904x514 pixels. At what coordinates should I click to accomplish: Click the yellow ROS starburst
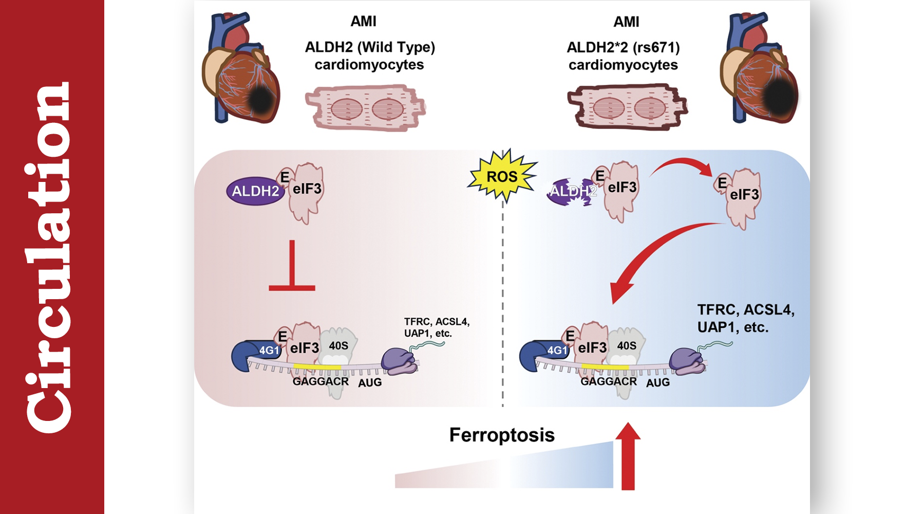coord(502,176)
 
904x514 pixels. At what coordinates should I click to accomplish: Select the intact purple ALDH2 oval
coord(255,191)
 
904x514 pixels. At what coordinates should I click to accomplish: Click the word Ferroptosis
coord(502,435)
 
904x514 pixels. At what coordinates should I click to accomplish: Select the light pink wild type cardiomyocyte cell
coord(366,108)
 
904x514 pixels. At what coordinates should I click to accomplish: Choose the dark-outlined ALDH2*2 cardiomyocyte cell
coord(627,107)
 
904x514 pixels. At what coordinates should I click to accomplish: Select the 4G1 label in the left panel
coord(269,351)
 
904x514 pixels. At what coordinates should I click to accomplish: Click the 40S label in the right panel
coord(627,345)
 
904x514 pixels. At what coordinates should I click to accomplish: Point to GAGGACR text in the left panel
coord(321,381)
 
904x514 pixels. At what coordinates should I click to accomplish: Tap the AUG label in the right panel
coord(658,382)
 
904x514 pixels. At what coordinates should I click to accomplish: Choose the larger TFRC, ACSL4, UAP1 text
coord(745,318)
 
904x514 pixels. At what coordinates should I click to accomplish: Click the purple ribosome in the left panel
coord(400,360)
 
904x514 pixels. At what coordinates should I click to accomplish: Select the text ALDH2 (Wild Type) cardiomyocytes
coord(370,56)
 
